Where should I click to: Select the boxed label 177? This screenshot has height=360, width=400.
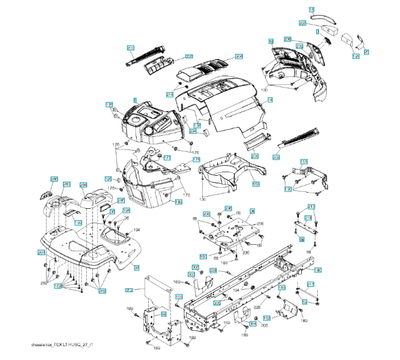[167, 158]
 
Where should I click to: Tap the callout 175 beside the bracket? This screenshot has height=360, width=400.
[196, 160]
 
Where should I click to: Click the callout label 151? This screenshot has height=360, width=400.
[304, 162]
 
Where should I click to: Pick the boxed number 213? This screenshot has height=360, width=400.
[311, 206]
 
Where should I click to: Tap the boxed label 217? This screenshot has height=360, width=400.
[311, 284]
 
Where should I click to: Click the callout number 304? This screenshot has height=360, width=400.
[253, 323]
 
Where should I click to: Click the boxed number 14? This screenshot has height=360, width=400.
[270, 99]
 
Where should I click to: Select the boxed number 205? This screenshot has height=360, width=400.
[254, 156]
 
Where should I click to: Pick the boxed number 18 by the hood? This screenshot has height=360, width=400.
[271, 41]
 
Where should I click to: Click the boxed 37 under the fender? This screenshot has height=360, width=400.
[136, 268]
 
